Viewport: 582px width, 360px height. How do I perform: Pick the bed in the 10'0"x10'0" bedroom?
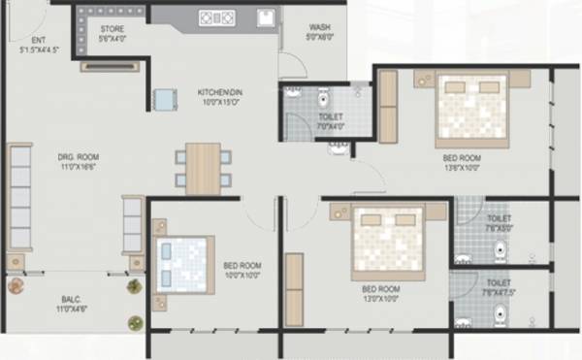pos(184,263)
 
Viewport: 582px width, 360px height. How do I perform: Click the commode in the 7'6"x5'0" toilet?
pos(500,249)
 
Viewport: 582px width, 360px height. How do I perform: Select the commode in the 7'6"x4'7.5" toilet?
pos(500,312)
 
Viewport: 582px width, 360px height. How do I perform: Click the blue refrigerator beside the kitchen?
pos(165,99)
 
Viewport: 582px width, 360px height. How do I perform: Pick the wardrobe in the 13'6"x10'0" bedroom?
pos(387,107)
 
